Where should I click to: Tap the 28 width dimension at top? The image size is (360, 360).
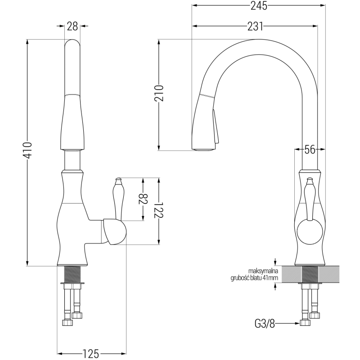coord(72,26)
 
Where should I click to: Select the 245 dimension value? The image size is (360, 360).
coord(259,5)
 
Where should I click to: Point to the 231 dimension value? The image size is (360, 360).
coord(255,26)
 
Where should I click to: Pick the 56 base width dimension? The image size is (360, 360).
coord(310,149)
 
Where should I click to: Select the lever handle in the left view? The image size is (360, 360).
coord(118,198)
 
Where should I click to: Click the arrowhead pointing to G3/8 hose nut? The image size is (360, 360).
coord(297,323)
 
